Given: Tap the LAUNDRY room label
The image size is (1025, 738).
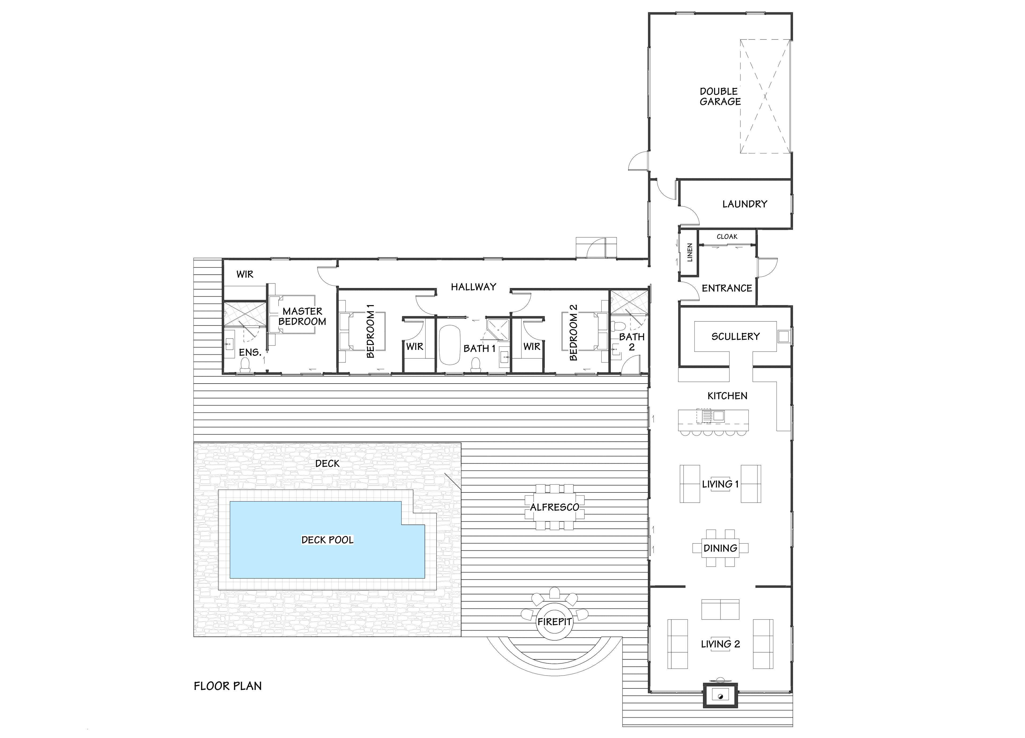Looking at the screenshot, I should [x=744, y=204].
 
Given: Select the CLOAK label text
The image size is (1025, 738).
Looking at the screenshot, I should [x=727, y=236].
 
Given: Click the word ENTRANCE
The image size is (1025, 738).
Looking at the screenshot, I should [x=726, y=288].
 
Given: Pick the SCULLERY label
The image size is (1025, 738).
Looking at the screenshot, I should [x=735, y=336].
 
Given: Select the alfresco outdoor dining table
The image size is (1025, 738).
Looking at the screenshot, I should [x=554, y=507].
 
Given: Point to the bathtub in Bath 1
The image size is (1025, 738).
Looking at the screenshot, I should [x=449, y=344].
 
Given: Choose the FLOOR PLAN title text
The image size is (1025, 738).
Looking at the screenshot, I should [x=228, y=686].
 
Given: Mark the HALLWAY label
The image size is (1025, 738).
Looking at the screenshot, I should [x=473, y=286].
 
